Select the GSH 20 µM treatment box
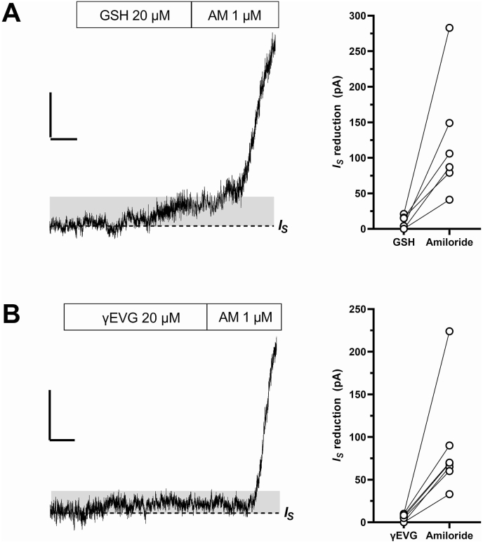tap(133, 14)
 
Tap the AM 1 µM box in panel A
tap(234, 14)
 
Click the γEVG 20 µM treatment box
tap(135, 317)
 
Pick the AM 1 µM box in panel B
tap(244, 317)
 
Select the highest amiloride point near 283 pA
tap(449, 28)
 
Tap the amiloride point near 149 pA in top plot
tap(449, 123)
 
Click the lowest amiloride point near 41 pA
tap(449, 199)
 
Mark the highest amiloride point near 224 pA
tap(449, 331)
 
